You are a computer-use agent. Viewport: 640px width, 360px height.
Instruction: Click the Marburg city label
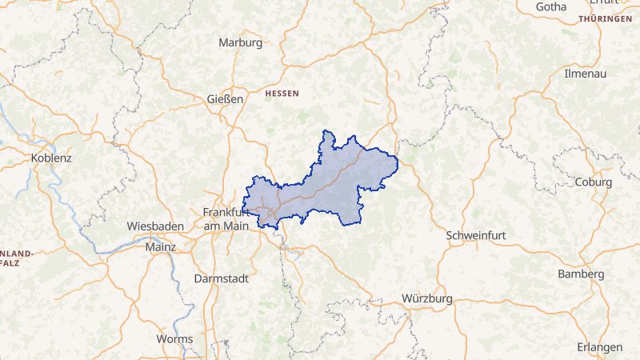[x=240, y=43]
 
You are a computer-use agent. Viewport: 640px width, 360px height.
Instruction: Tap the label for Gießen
[x=225, y=100]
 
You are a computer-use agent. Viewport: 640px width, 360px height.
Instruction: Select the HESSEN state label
[x=282, y=94]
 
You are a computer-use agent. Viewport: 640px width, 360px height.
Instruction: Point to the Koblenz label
[x=51, y=158]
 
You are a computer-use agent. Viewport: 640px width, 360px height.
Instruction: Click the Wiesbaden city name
[x=156, y=226]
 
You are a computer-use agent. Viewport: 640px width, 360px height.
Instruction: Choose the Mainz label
[x=160, y=247]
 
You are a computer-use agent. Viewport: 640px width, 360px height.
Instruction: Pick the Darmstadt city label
[x=222, y=278]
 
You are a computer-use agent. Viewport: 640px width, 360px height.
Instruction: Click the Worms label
[x=174, y=338]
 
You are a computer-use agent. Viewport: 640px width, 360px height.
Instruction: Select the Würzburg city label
[x=427, y=298]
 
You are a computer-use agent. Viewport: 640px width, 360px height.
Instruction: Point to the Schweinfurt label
[x=477, y=235]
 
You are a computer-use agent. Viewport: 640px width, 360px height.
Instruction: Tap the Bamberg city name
[x=582, y=274]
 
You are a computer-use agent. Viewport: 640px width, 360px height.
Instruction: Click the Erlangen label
[x=599, y=347]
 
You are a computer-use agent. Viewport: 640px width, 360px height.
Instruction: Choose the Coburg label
[x=593, y=182]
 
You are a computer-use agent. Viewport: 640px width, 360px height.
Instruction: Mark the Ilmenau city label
[x=586, y=73]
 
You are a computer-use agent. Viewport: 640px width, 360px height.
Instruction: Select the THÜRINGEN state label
[x=606, y=18]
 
